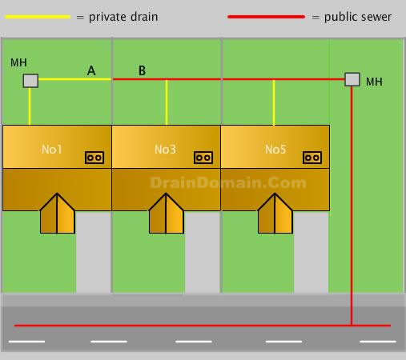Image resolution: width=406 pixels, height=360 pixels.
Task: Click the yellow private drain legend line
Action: pyautogui.click(x=38, y=17)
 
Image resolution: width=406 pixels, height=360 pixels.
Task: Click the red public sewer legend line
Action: pyautogui.click(x=266, y=17)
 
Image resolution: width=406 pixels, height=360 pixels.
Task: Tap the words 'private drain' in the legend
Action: pyautogui.click(x=123, y=18)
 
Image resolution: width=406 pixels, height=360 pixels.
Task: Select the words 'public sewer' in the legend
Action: pyautogui.click(x=358, y=18)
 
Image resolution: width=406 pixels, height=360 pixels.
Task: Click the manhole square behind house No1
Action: pyautogui.click(x=30, y=81)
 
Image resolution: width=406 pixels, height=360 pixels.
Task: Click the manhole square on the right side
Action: pyautogui.click(x=352, y=79)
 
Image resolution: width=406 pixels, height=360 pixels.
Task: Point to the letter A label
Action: pyautogui.click(x=91, y=70)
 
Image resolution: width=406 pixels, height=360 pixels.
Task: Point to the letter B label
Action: pyautogui.click(x=142, y=70)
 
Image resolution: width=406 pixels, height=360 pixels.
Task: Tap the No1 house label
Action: pyautogui.click(x=52, y=150)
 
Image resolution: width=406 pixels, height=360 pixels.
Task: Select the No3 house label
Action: pyautogui.click(x=165, y=150)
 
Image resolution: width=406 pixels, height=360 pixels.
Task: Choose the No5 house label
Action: pyautogui.click(x=275, y=150)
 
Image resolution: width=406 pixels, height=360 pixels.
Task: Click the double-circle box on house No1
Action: pyautogui.click(x=94, y=158)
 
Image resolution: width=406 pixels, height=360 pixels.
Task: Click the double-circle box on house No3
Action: pyautogui.click(x=203, y=158)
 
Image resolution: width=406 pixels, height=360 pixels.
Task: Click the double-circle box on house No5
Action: pyautogui.click(x=312, y=158)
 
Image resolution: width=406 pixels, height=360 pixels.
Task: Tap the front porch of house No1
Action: pyautogui.click(x=57, y=214)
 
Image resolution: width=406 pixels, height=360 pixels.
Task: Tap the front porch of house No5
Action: pyautogui.click(x=275, y=214)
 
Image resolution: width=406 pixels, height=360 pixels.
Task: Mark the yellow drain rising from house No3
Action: pyautogui.click(x=167, y=102)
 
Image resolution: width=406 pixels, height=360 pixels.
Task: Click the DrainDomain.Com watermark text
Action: pyautogui.click(x=228, y=183)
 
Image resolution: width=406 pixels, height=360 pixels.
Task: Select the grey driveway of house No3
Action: pyautogui.click(x=203, y=252)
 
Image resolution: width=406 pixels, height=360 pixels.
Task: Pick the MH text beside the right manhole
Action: pyautogui.click(x=374, y=82)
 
